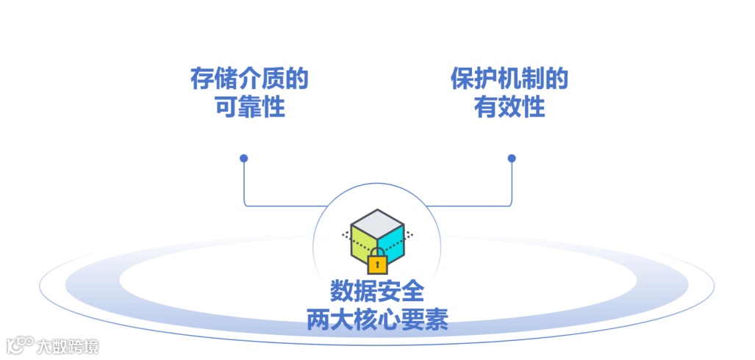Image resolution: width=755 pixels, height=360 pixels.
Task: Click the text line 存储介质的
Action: [249, 79]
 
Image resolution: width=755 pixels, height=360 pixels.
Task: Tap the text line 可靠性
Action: [249, 108]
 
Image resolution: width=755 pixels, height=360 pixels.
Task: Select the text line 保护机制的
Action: [509, 79]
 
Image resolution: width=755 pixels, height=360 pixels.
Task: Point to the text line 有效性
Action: [509, 108]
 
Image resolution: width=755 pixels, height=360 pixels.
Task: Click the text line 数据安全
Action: [377, 291]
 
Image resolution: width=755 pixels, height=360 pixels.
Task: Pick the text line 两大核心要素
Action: [377, 320]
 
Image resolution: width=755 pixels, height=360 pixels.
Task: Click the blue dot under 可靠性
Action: [244, 158]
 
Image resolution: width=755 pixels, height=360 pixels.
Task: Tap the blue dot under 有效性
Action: [512, 158]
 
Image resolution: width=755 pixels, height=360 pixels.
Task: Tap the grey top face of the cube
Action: [377, 221]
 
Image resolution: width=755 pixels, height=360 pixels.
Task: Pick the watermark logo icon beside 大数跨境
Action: [20, 345]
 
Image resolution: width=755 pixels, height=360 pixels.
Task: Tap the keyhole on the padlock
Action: [377, 264]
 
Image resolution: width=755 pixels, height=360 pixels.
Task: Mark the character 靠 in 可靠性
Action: [249, 108]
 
